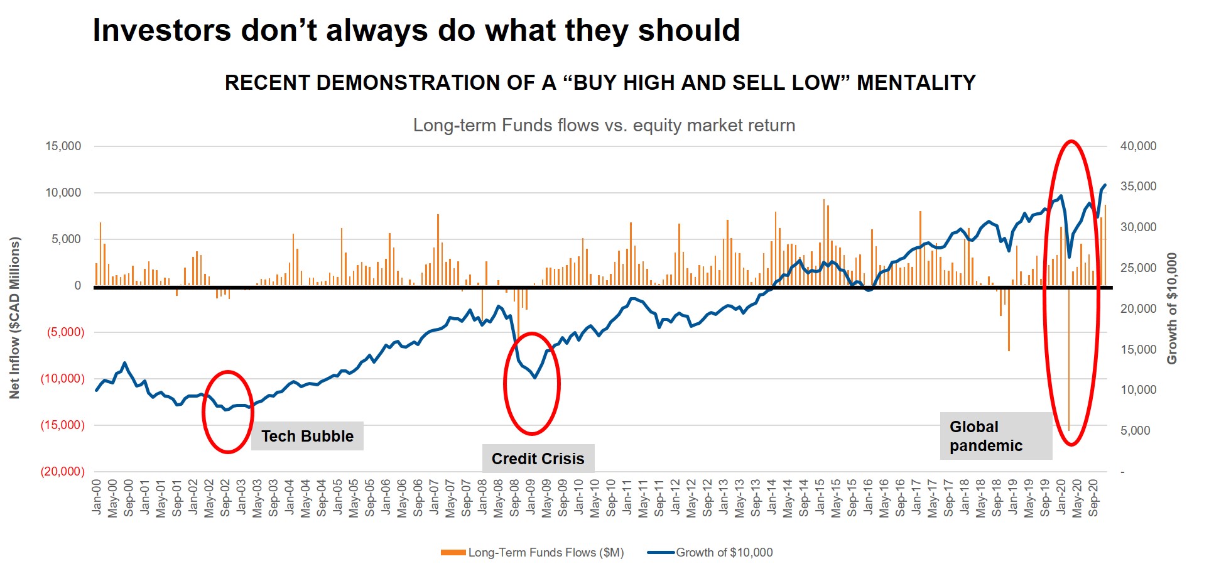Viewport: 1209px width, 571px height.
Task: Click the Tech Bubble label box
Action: [307, 436]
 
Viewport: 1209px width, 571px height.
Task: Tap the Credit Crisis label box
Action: [538, 459]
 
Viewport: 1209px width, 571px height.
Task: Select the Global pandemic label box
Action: [995, 436]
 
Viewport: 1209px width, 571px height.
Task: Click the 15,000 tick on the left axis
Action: [63, 146]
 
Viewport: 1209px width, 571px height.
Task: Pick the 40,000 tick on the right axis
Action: [1138, 146]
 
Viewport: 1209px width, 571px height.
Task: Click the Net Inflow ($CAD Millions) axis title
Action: [14, 317]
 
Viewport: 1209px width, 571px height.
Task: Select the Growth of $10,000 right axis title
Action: [1172, 308]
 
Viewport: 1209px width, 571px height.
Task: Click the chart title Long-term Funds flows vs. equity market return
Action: [604, 126]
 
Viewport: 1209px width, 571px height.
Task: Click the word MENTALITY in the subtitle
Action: [916, 83]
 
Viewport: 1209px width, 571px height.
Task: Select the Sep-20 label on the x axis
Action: [1093, 498]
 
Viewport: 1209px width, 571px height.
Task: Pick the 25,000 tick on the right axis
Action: [1138, 268]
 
